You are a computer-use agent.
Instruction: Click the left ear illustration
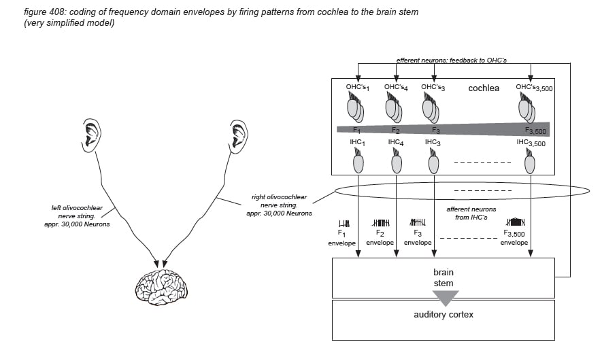click(x=92, y=135)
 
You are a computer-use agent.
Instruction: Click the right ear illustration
click(x=239, y=137)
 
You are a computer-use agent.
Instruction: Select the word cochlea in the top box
click(x=484, y=88)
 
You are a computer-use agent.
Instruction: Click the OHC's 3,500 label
click(x=534, y=88)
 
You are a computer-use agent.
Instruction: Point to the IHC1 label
click(x=357, y=142)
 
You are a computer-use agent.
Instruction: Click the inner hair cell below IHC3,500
click(x=530, y=162)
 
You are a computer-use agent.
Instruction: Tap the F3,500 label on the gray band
click(x=535, y=131)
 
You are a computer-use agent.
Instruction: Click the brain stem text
click(x=444, y=278)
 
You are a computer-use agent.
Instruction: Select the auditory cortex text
click(x=444, y=315)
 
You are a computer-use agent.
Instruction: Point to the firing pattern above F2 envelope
click(x=381, y=222)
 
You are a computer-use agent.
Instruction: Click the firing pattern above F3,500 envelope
click(x=515, y=222)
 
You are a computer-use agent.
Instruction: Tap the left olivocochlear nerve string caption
click(x=77, y=216)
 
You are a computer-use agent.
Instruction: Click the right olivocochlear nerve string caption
click(x=279, y=205)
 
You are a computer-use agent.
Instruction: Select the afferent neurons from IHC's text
click(x=471, y=213)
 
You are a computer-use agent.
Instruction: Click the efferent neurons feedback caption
click(x=452, y=61)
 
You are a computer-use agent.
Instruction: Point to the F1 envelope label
click(x=341, y=238)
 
